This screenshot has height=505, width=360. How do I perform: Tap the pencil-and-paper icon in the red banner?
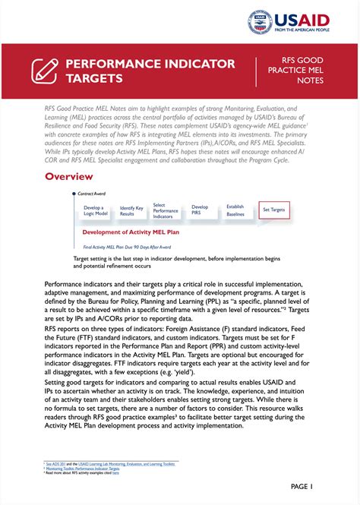click(x=44, y=71)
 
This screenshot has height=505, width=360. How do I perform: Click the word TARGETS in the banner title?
click(x=94, y=78)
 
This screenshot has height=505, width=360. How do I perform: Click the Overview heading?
click(x=68, y=177)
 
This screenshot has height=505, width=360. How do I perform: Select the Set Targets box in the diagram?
click(x=273, y=209)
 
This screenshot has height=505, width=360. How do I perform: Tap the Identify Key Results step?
click(x=131, y=211)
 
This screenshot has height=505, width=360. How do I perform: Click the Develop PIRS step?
click(x=200, y=209)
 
